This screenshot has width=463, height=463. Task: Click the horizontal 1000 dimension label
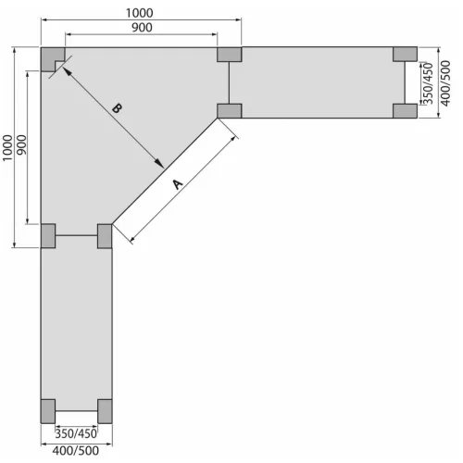(140, 13)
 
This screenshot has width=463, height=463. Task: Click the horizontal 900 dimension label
(142, 28)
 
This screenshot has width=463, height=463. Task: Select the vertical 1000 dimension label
(7, 147)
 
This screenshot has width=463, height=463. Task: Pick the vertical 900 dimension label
(21, 145)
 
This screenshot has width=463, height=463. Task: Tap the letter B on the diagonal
(117, 108)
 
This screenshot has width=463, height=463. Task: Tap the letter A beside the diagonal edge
(178, 184)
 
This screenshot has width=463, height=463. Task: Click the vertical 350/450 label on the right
(429, 83)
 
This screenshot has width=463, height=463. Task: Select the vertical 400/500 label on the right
(445, 83)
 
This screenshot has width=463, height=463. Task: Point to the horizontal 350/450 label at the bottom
(76, 433)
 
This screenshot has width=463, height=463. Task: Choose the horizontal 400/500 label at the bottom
(76, 451)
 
